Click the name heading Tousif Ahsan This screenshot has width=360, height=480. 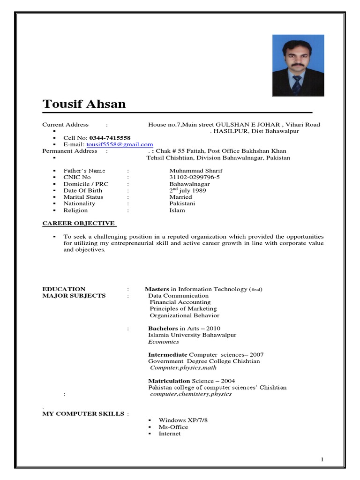tap(84, 104)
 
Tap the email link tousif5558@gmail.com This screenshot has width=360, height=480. tap(120, 145)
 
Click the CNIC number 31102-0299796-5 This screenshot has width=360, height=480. tap(195, 178)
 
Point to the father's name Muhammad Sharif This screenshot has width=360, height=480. tap(196, 171)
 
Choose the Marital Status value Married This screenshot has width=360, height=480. tap(180, 197)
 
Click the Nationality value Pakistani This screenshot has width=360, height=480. tap(182, 204)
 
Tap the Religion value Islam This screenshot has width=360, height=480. tap(177, 210)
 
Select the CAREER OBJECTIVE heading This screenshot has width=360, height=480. tap(78, 224)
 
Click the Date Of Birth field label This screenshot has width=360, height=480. tap(82, 191)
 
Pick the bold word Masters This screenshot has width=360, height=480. tap(157, 290)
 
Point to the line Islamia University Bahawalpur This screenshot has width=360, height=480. tap(192, 335)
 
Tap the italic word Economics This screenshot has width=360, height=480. tap(164, 342)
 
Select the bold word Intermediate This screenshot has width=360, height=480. tap(168, 355)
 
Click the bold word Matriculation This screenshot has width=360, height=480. tap(169, 381)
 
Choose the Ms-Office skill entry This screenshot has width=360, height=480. tap(173, 427)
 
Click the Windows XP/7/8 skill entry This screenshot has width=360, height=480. tap(183, 420)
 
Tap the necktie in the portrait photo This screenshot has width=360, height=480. tap(297, 84)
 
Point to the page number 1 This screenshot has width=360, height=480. tap(322, 460)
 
